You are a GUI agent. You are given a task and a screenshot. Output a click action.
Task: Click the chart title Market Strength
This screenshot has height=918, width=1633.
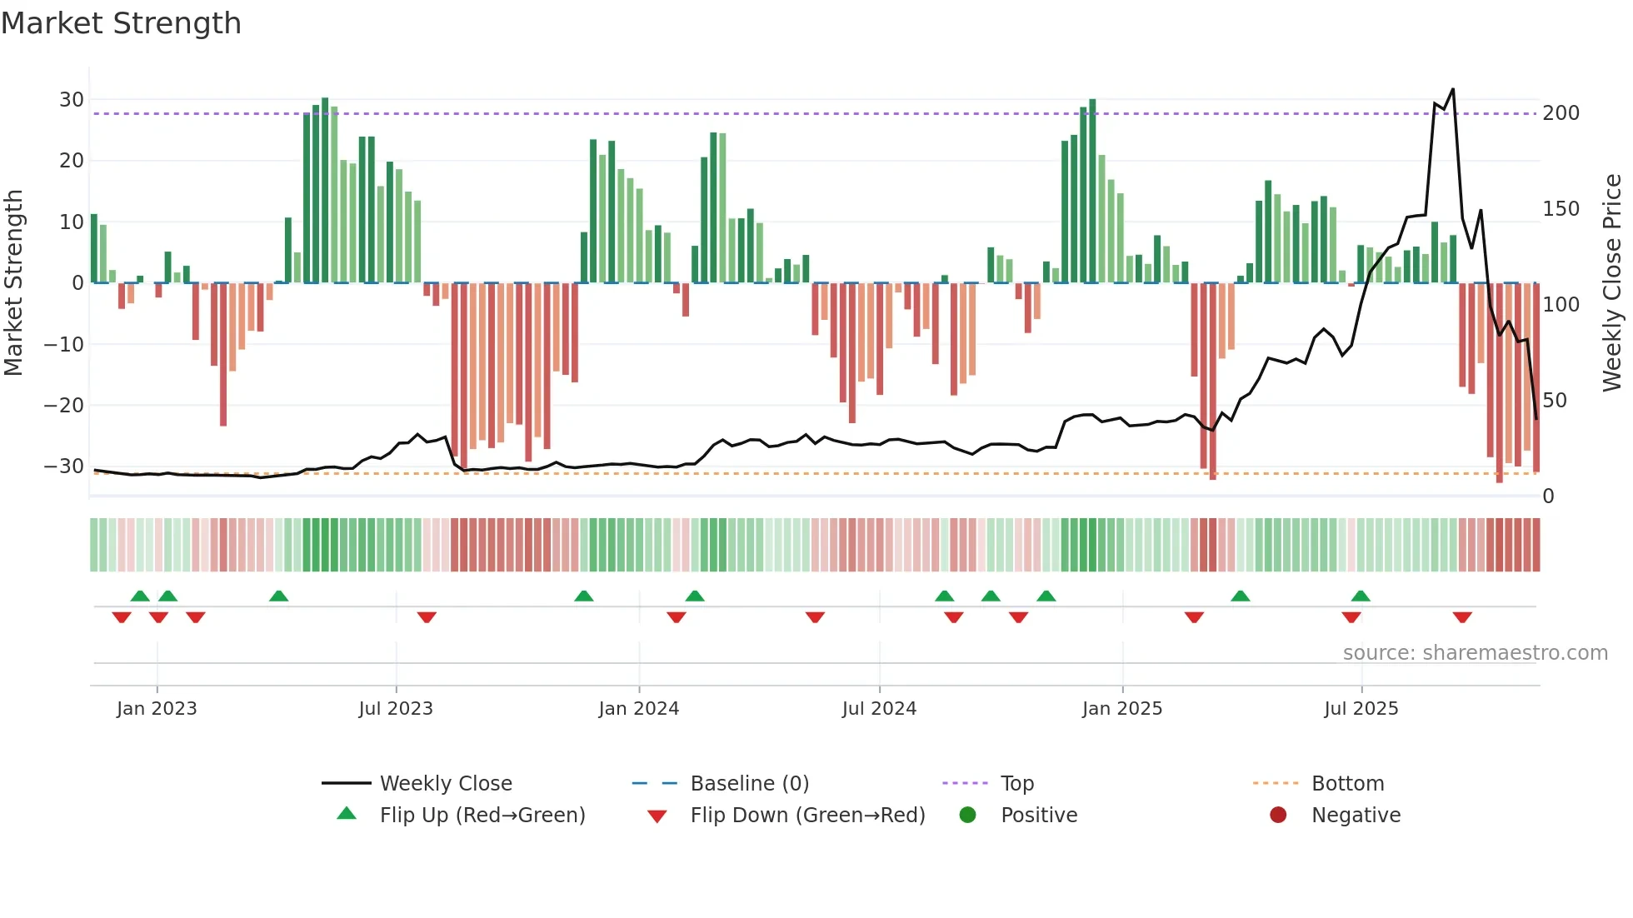tap(121, 23)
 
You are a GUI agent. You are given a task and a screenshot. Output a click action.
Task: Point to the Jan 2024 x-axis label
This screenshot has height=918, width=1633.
tap(638, 708)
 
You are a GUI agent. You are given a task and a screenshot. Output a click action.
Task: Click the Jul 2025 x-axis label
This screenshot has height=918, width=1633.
tap(1361, 708)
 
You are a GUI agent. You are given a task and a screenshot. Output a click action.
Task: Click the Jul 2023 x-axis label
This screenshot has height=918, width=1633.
tap(396, 708)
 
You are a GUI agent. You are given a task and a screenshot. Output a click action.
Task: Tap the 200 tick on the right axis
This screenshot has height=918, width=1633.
tap(1561, 112)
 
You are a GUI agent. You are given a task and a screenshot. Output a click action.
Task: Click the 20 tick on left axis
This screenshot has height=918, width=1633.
tap(72, 160)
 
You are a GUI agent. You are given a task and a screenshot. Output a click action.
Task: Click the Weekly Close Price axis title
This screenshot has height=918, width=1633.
tap(1612, 282)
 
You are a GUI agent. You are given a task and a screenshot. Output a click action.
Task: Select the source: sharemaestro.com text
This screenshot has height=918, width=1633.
tap(1475, 652)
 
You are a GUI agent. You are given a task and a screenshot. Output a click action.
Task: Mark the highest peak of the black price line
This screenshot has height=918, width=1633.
tap(1453, 89)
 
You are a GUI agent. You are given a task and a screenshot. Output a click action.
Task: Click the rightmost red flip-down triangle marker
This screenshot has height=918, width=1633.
tap(1462, 617)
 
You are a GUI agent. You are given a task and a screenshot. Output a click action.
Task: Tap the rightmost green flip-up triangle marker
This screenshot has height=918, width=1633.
tap(1361, 596)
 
